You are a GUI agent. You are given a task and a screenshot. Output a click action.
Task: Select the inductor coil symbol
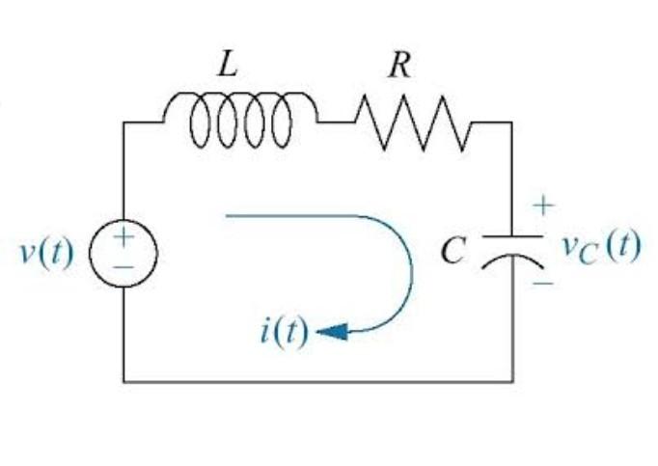(240, 120)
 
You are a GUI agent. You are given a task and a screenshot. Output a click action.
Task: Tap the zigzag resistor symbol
(413, 123)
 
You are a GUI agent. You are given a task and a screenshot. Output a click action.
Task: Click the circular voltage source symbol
(123, 254)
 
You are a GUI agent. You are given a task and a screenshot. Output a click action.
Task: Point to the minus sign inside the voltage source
(123, 267)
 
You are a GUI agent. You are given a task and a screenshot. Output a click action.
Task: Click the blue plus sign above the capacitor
(543, 206)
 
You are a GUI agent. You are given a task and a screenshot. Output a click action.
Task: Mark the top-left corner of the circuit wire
(123, 123)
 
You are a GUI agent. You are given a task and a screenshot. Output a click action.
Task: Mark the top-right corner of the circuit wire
(511, 123)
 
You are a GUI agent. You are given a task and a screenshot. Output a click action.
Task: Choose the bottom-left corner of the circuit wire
(123, 381)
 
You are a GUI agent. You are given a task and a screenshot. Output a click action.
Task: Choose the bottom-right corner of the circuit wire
(511, 381)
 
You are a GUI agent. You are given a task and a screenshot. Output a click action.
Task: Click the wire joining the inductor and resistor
(337, 123)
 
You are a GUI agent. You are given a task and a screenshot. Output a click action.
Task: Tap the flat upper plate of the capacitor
(511, 235)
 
